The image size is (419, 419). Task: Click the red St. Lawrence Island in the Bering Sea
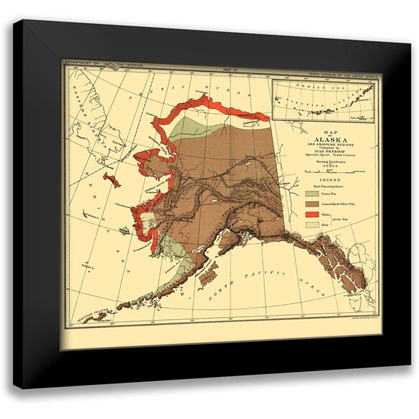[x=109, y=178]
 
